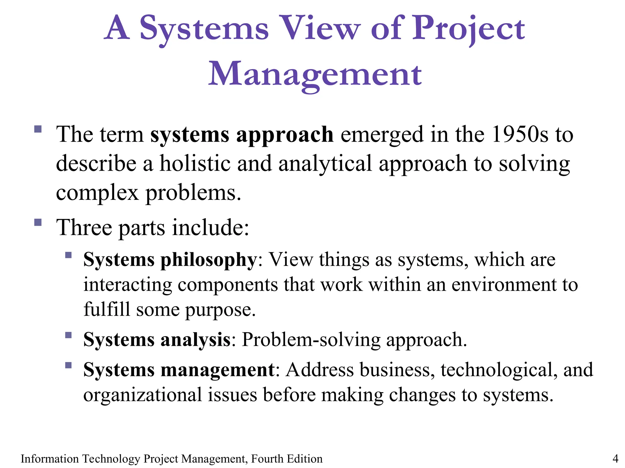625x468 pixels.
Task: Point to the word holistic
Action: tap(195, 163)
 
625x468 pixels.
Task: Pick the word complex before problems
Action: tap(97, 193)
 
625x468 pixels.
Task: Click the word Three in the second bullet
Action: tap(84, 227)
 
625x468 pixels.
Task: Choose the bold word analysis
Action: tap(195, 340)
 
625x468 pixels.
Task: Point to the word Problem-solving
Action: tap(311, 340)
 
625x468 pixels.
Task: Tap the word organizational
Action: tap(143, 395)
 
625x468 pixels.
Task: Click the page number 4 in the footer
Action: tap(615, 458)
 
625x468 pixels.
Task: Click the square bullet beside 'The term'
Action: tap(38, 129)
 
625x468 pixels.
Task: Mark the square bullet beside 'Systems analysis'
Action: tap(68, 335)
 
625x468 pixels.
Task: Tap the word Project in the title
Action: tap(468, 29)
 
